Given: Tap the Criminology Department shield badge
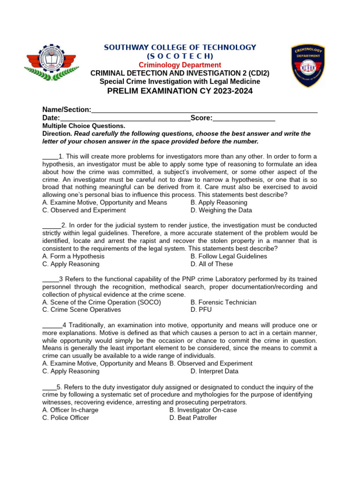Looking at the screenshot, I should coord(308,65).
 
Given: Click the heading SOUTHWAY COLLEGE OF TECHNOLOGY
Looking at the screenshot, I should coord(180,47).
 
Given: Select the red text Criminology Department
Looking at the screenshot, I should coord(180,65).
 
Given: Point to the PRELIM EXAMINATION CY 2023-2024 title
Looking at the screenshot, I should coord(180,91).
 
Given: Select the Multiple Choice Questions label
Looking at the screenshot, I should coord(84,126).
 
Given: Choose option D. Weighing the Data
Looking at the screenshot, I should coord(221,210).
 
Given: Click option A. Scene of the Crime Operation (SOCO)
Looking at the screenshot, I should coord(101,302).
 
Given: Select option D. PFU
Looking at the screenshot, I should coord(201,310).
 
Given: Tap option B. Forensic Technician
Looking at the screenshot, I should coord(224,302).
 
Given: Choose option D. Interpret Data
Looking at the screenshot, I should coord(215,371).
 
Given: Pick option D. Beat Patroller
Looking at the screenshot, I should coord(193,418).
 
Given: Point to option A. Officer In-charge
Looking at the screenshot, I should coord(70,410).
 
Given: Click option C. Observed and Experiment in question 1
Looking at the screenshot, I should coord(84,210).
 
